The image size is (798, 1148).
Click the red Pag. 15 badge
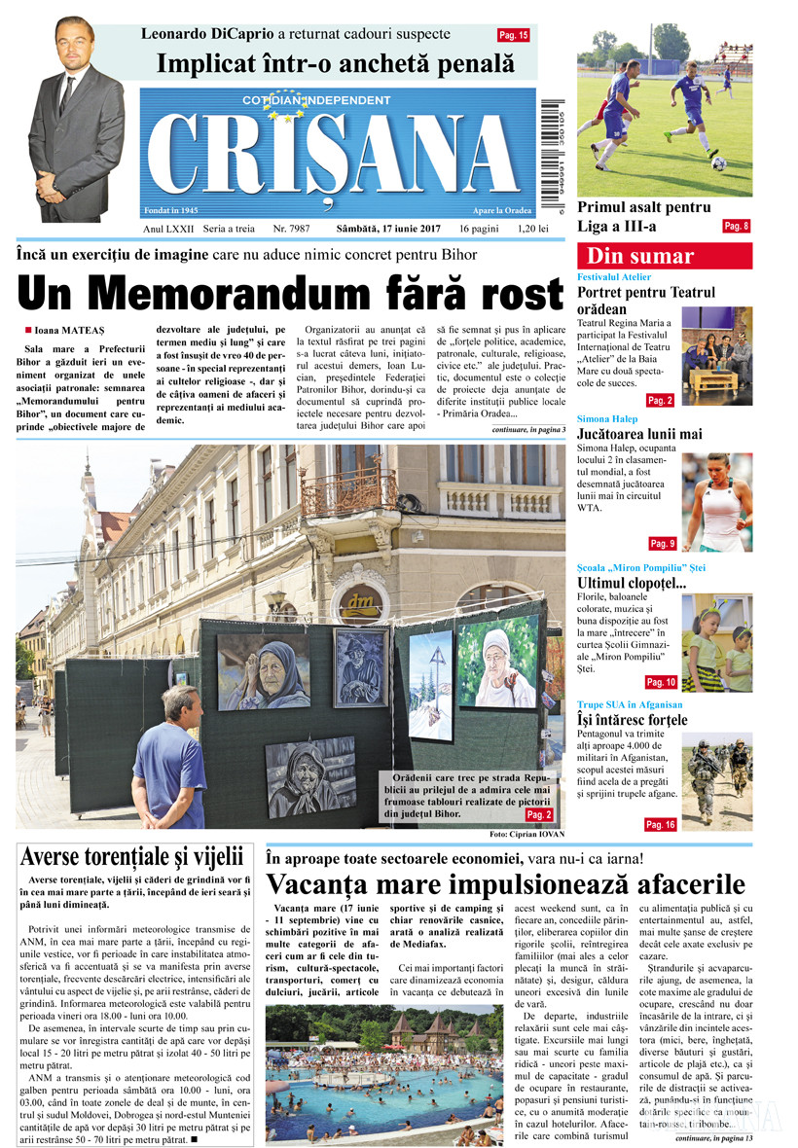coord(513,35)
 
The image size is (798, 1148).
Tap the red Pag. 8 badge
coord(736,227)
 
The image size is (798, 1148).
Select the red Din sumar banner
coord(664,257)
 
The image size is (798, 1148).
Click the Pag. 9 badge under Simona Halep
coord(662,543)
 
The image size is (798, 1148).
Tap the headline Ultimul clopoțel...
coord(632,583)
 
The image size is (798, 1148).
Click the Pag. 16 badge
coord(659,825)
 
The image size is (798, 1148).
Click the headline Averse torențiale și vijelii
coord(131,857)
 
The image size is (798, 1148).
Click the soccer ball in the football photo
coord(718,163)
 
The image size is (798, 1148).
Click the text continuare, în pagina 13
coord(705,1137)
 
